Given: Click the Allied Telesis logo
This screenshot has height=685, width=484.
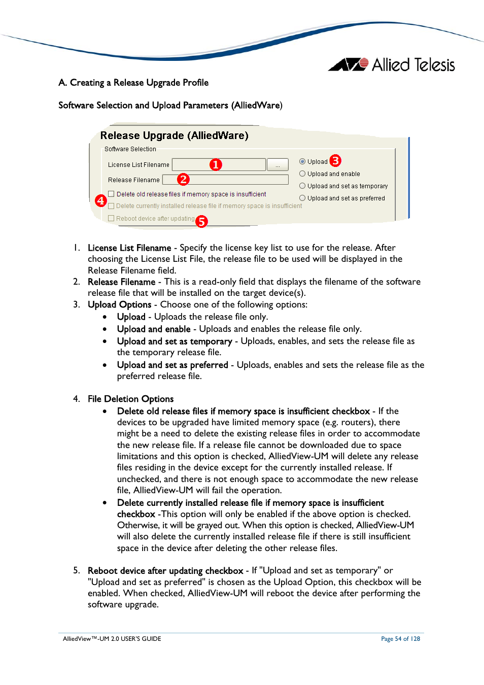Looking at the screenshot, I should point(392,65).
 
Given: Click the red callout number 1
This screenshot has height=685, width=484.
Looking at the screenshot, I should point(216,164).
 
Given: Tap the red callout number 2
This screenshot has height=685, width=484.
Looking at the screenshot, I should point(183,179).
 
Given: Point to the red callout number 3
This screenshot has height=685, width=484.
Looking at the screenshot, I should point(335,161).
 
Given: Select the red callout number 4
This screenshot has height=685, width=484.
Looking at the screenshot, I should point(101,200).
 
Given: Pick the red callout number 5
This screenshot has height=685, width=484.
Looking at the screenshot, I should point(202,221).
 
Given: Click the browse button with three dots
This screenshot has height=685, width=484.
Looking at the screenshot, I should point(278,165).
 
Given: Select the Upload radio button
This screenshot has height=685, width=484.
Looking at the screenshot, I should point(302,162).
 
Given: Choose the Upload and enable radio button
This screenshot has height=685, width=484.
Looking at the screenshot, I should point(302,174).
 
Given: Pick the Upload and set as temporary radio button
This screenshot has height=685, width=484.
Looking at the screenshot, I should point(302,186).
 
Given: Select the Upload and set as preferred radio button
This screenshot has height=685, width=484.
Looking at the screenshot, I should point(302,198).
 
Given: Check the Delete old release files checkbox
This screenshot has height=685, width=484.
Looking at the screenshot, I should point(111,194).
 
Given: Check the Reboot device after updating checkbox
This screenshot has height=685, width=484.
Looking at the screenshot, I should point(111,219).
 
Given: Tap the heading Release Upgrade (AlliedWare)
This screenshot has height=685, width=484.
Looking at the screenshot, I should point(174,135).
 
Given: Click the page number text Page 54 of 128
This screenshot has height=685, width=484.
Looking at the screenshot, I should point(400,639).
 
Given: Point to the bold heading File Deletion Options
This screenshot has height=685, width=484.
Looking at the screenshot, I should point(130,399).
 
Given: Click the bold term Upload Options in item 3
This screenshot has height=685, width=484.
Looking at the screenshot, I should point(119,304).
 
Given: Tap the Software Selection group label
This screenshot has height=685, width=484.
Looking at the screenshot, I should point(130,149).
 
